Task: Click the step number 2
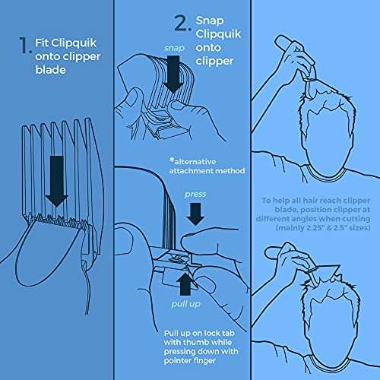pyautogui.click(x=180, y=24)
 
